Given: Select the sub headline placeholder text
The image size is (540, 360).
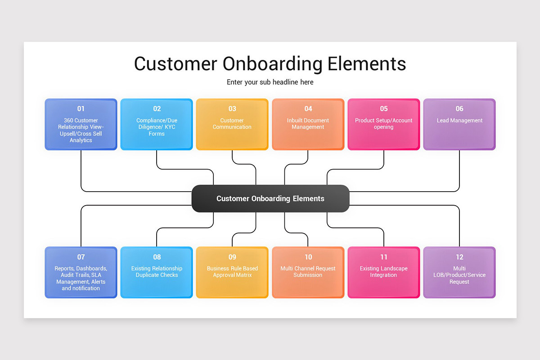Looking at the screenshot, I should tap(270, 82).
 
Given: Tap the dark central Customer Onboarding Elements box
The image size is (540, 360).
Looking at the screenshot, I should tap(270, 198).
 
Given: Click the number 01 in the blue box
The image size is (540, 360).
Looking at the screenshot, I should tap(81, 108).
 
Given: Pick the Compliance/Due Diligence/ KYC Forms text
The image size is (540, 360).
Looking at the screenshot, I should tap(157, 127).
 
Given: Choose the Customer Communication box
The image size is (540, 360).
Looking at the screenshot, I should tap(232, 124).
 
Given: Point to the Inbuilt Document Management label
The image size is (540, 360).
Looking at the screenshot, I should tap(308, 124).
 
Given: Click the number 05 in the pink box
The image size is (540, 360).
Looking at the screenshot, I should tap(384, 108).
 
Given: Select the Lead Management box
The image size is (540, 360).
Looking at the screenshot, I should tap(459, 124).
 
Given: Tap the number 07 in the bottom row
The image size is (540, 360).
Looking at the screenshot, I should tap(81, 257).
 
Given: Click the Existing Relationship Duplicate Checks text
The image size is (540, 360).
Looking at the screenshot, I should tap(157, 272).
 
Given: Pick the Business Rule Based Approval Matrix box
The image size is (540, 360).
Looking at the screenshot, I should tap(232, 272).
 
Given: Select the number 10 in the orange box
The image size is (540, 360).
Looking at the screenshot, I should tap(308, 257).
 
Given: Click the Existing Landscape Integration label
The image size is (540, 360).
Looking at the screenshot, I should tap(384, 272).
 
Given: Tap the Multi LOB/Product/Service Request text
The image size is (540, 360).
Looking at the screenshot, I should tap(459, 275).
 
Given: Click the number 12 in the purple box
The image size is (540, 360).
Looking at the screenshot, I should tap(459, 257).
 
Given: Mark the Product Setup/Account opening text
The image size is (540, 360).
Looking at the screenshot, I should tap(384, 124).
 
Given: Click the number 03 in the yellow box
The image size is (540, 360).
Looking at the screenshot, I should tap(232, 108).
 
